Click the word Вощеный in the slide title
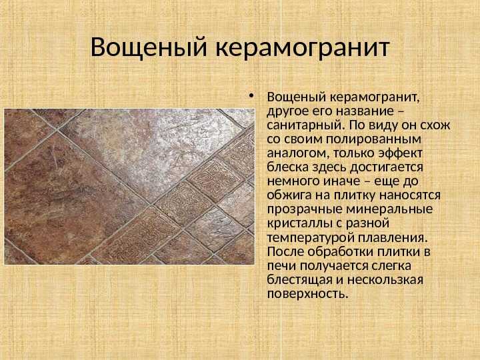click(x=149, y=48)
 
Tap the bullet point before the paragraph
click(x=251, y=96)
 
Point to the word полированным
click(x=373, y=139)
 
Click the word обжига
click(x=289, y=195)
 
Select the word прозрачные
click(x=305, y=210)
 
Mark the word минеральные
click(x=389, y=209)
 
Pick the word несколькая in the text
click(x=385, y=280)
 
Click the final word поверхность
click(x=307, y=294)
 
